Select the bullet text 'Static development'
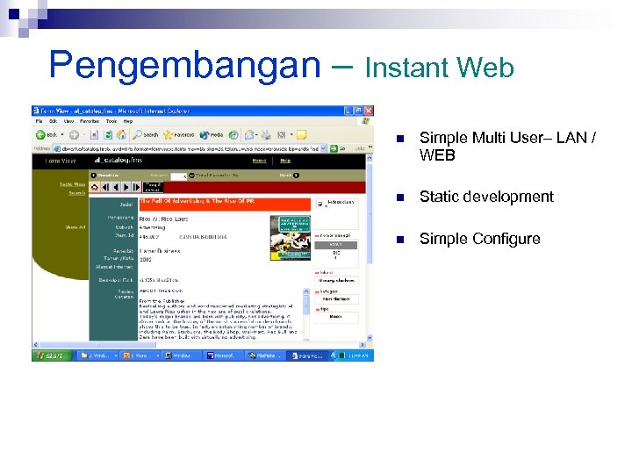(x=486, y=197)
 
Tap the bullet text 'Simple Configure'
(x=479, y=239)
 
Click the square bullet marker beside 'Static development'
(x=400, y=197)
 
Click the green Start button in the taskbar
(x=50, y=355)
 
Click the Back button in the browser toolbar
(x=47, y=135)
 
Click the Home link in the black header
(x=259, y=161)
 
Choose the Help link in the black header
(x=285, y=161)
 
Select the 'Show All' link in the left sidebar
(x=74, y=226)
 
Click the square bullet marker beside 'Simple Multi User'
(x=400, y=139)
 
